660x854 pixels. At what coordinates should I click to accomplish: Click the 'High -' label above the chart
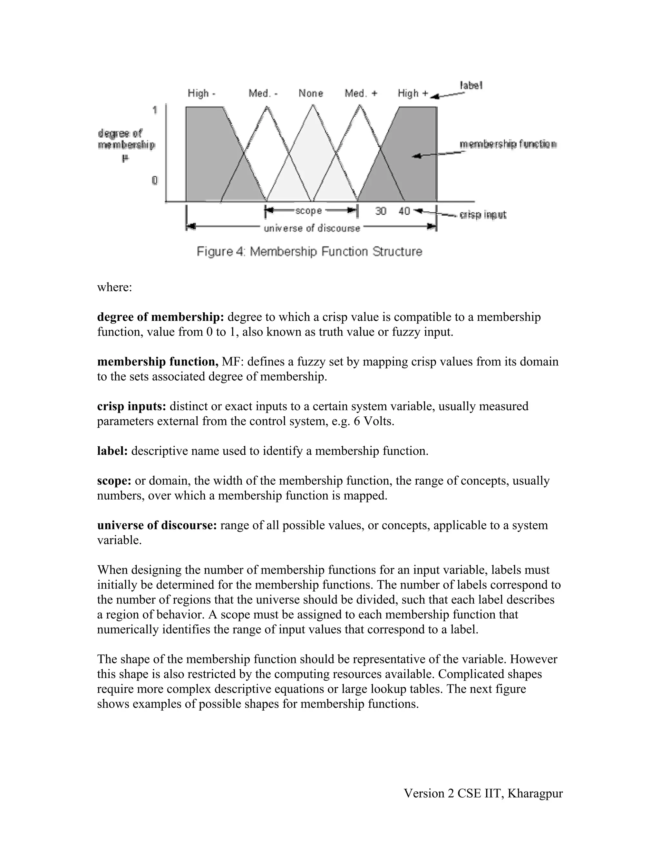(x=201, y=93)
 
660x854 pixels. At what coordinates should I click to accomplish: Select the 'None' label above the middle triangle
(x=311, y=93)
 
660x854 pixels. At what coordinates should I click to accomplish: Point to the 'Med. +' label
(x=361, y=93)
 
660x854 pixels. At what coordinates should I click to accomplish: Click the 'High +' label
(x=413, y=93)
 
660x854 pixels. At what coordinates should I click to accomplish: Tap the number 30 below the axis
(x=381, y=211)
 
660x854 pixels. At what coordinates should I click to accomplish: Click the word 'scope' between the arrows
(x=308, y=211)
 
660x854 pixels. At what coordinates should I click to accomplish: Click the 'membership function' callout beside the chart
(x=508, y=144)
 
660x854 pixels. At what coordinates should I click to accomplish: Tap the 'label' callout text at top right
(x=471, y=85)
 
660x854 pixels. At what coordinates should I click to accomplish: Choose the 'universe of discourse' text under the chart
(x=312, y=228)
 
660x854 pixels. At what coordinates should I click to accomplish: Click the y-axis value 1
(x=155, y=110)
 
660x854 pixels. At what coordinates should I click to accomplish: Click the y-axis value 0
(x=155, y=180)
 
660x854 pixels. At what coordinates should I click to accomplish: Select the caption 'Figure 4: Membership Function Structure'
(x=309, y=251)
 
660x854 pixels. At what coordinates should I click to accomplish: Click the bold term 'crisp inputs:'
(x=132, y=406)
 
